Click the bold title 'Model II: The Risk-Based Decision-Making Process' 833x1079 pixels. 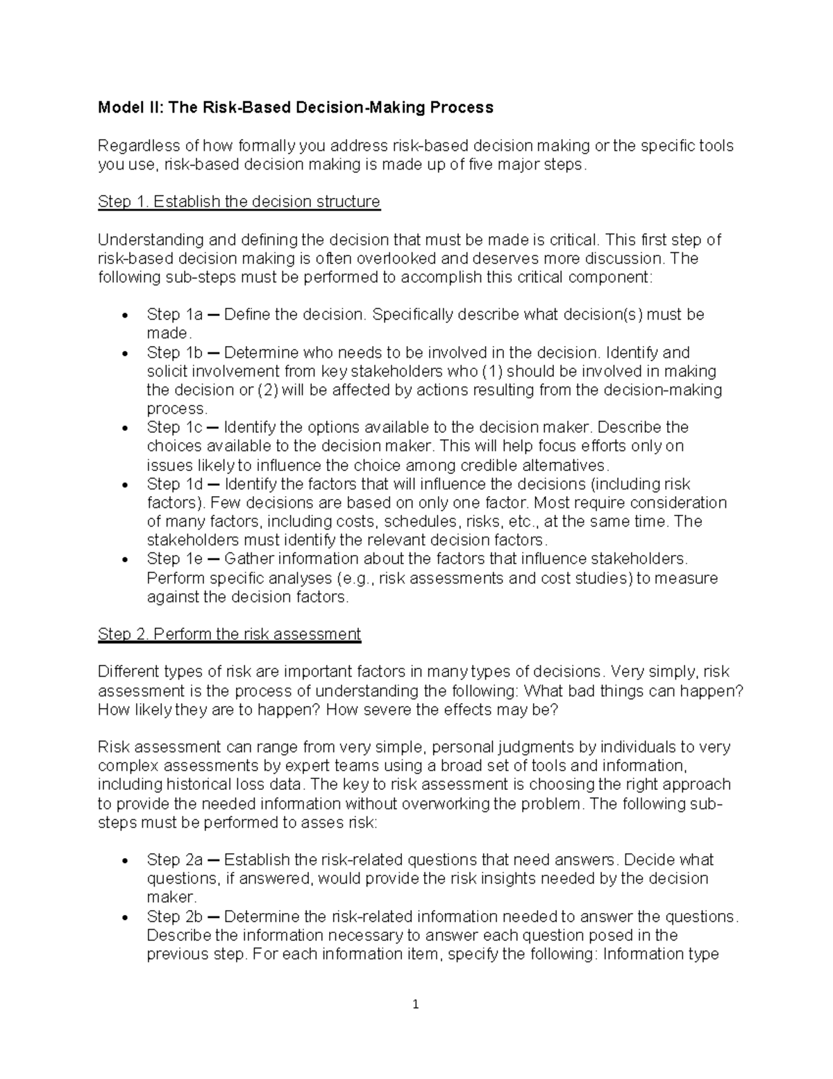coord(296,107)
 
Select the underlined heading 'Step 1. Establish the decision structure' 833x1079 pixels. coord(239,201)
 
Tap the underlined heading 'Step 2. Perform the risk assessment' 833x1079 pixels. coord(229,634)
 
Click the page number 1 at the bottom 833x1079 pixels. coord(416,1004)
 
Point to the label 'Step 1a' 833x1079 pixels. coord(174,315)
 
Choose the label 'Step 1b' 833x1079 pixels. coord(174,352)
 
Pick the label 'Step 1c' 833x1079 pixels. coord(174,427)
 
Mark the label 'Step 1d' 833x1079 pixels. coord(174,484)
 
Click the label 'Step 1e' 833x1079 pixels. coord(174,559)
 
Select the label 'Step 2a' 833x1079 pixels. coord(174,860)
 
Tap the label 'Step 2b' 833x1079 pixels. coord(174,916)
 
